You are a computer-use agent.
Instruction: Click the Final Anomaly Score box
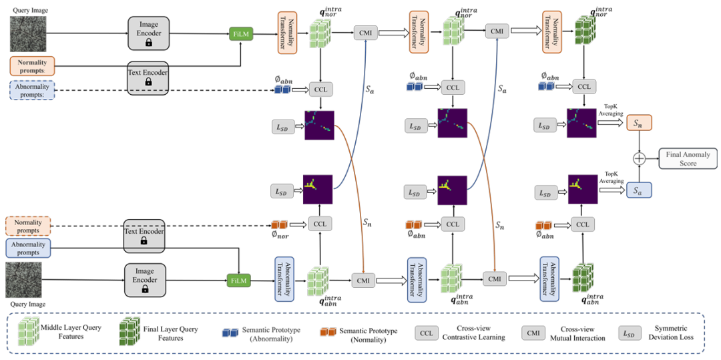point(688,158)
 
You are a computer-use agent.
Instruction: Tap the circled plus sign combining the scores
point(640,159)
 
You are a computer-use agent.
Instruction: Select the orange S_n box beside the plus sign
point(640,124)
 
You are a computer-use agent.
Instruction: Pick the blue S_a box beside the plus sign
point(640,190)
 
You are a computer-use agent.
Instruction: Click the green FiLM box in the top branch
point(240,33)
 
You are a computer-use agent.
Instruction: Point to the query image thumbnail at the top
point(27,31)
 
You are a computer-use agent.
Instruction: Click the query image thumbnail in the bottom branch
point(24,280)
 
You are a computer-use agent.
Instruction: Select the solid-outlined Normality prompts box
point(32,65)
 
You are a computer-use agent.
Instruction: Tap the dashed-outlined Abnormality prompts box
point(32,89)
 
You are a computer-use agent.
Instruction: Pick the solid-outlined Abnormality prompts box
point(27,248)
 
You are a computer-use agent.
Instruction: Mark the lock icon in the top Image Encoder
point(149,41)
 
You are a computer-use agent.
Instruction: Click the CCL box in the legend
point(427,333)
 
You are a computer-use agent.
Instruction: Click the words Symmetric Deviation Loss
point(674,333)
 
